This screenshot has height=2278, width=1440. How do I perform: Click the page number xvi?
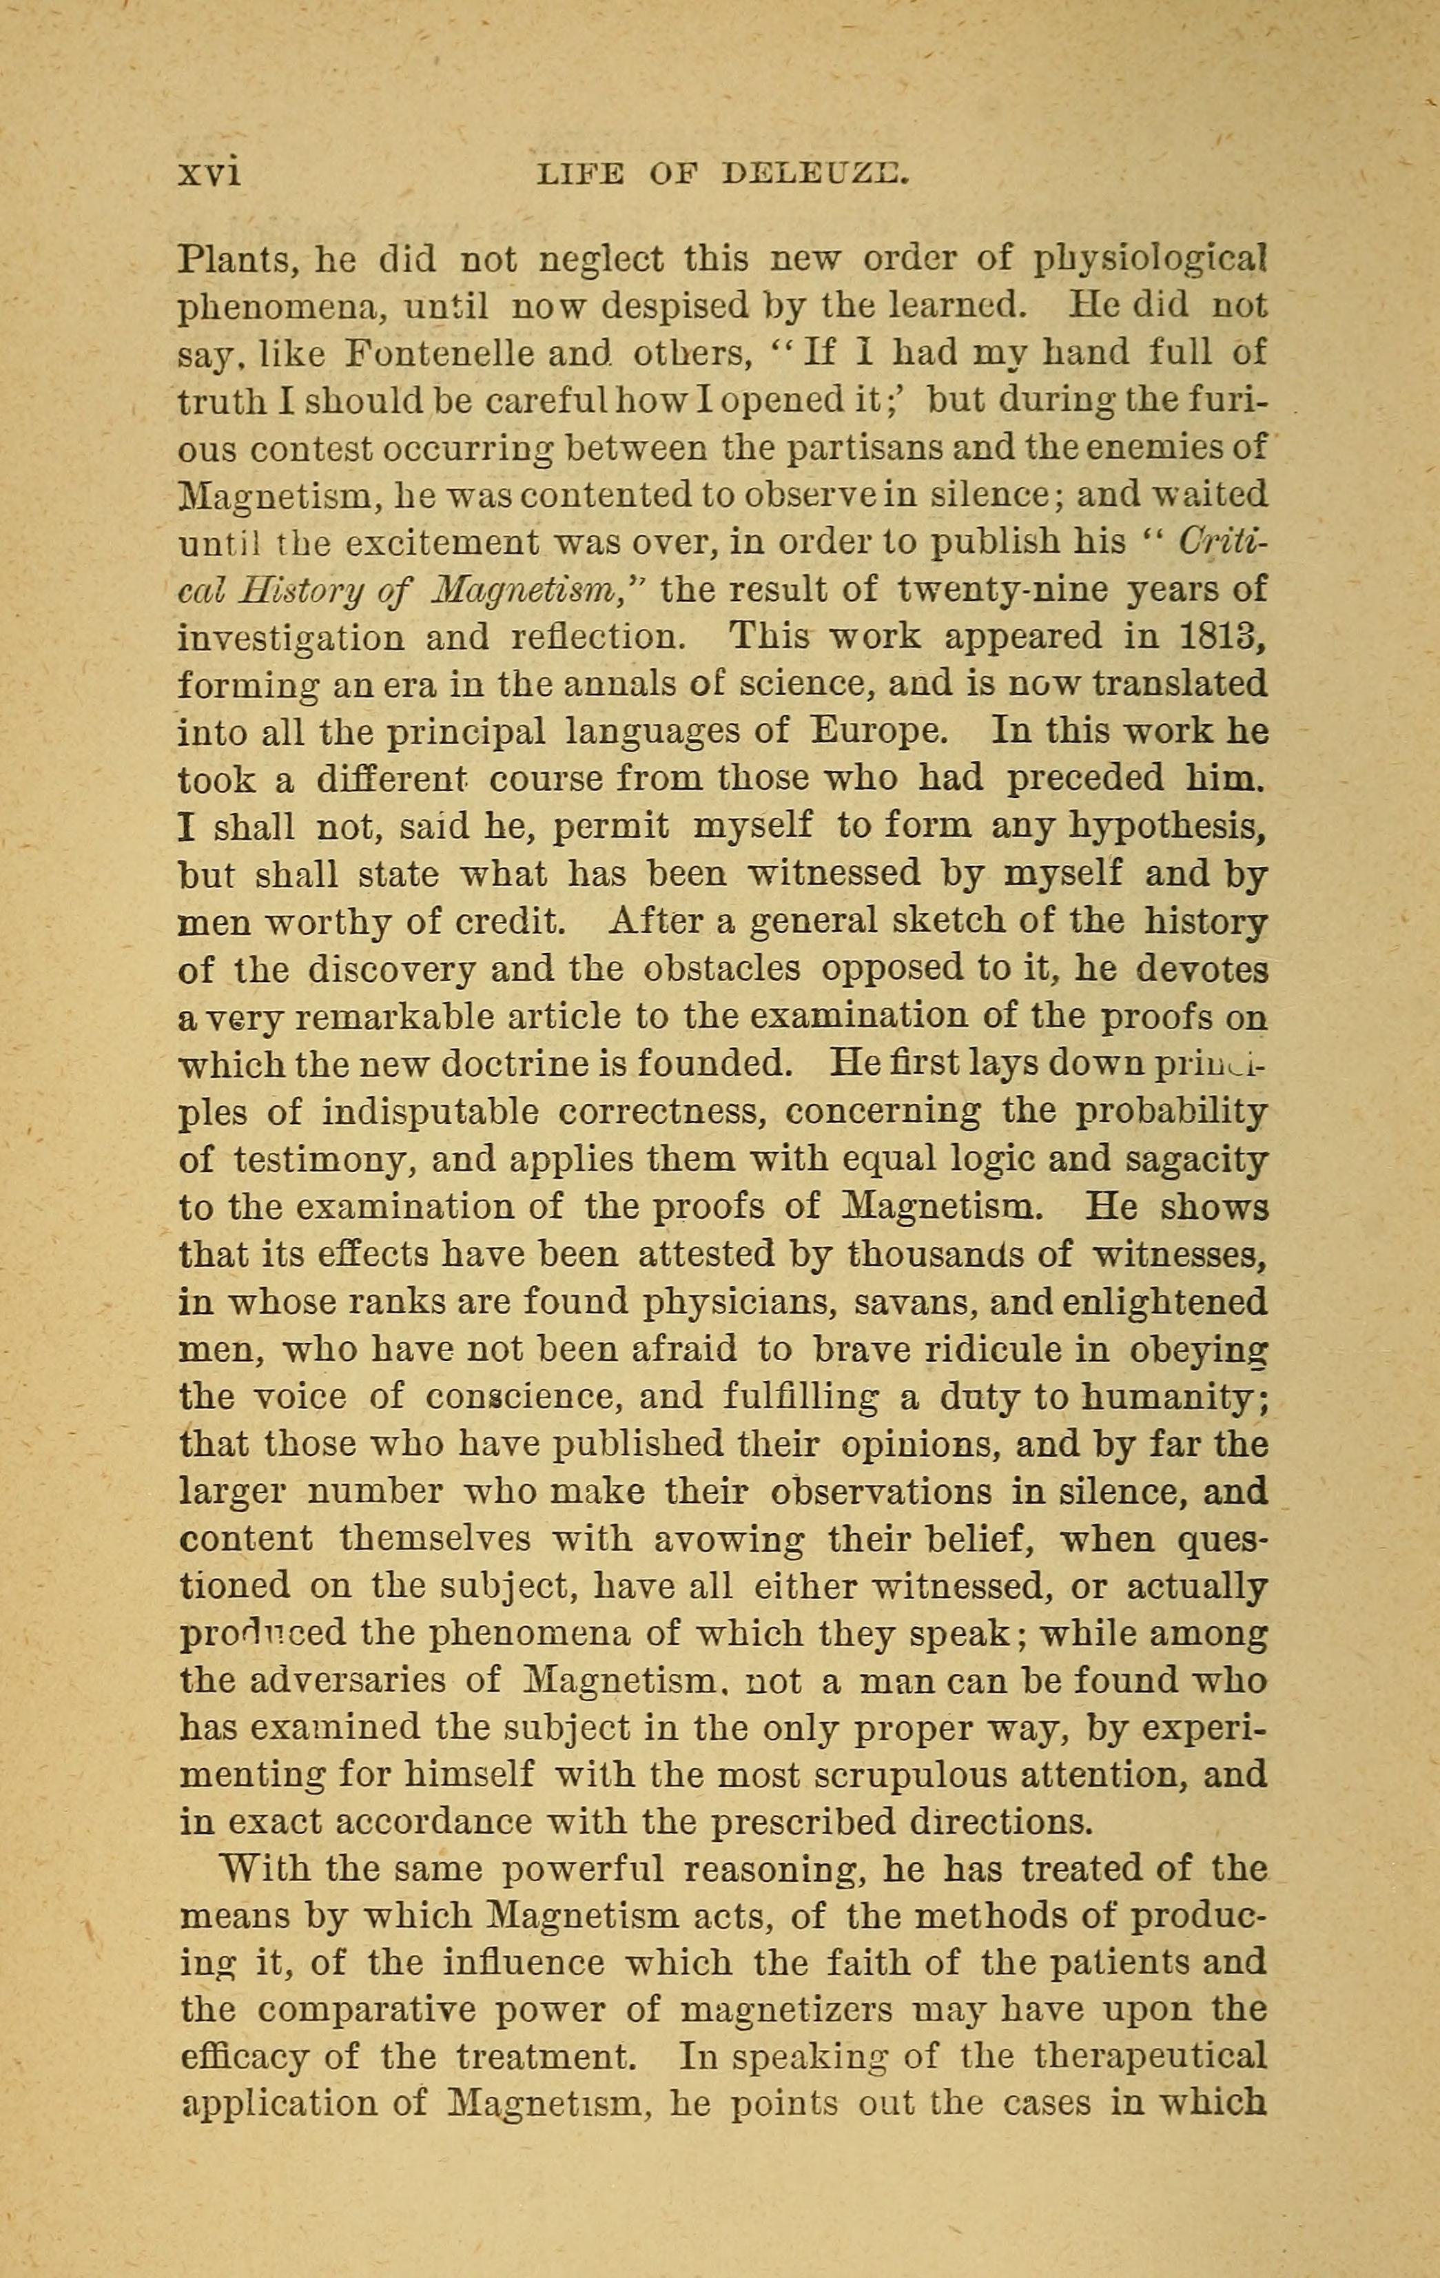pyautogui.click(x=209, y=173)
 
